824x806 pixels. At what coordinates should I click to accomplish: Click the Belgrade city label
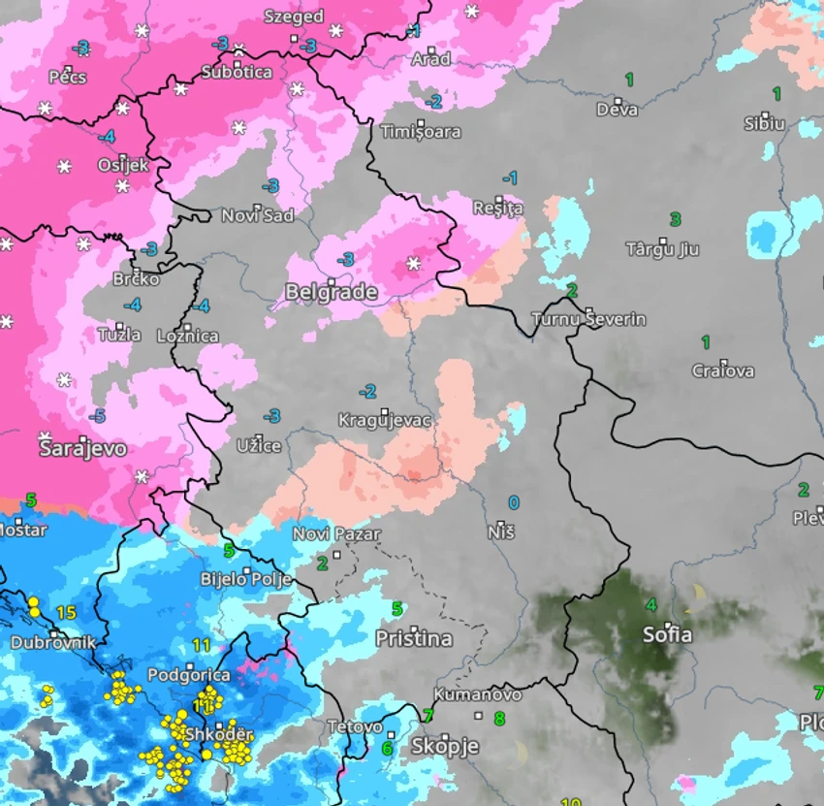tap(331, 292)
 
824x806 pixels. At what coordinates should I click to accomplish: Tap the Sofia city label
tap(668, 635)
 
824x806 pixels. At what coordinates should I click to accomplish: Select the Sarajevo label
tap(82, 449)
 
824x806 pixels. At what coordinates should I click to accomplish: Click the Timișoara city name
tap(421, 132)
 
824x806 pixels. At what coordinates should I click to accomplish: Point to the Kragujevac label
tap(385, 420)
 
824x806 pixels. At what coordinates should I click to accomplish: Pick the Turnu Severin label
tap(588, 319)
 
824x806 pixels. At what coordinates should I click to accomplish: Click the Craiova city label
tap(723, 371)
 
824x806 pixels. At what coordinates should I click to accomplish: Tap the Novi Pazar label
tap(336, 534)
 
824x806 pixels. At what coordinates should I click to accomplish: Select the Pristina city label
tap(414, 639)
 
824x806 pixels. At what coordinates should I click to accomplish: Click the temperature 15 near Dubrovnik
tap(66, 612)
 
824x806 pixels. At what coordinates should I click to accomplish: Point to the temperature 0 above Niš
tap(514, 502)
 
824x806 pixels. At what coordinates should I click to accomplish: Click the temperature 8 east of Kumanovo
tap(499, 719)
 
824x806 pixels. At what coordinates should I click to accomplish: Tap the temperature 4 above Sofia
tap(651, 605)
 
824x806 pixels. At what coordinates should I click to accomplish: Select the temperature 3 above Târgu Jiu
tap(676, 219)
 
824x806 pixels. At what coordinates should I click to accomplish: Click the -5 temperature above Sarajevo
tap(97, 416)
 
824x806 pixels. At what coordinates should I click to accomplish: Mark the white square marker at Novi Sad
tap(257, 207)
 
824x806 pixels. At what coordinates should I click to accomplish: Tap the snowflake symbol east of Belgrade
tap(414, 263)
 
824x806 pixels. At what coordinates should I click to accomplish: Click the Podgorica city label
tap(188, 674)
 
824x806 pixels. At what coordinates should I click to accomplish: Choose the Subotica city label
tap(237, 73)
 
